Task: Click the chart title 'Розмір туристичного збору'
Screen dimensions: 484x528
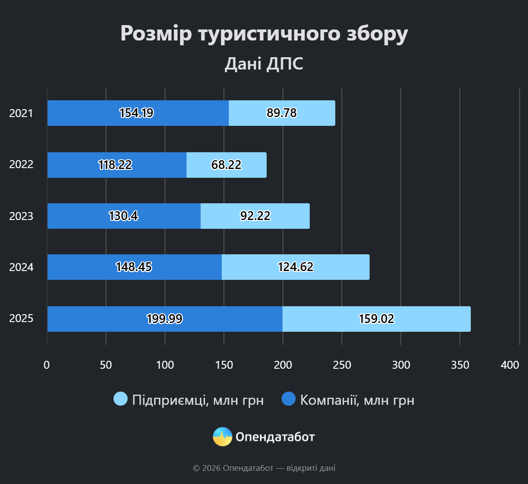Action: click(264, 33)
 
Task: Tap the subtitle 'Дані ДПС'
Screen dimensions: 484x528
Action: click(264, 64)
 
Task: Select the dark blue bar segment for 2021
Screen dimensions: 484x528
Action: click(88, 113)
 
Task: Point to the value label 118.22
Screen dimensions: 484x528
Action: click(115, 165)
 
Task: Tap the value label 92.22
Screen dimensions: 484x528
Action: click(255, 216)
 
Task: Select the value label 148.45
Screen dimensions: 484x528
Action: click(134, 267)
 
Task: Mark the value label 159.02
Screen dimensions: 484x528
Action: click(377, 319)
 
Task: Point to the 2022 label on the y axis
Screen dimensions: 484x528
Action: click(21, 165)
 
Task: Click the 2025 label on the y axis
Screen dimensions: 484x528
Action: click(21, 319)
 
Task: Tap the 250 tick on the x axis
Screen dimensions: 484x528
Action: click(342, 365)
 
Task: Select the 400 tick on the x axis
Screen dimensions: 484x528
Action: click(510, 365)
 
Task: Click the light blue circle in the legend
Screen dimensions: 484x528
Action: click(121, 399)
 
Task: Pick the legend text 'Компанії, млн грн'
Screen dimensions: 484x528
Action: click(357, 400)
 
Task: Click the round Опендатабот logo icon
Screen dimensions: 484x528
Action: click(222, 437)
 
